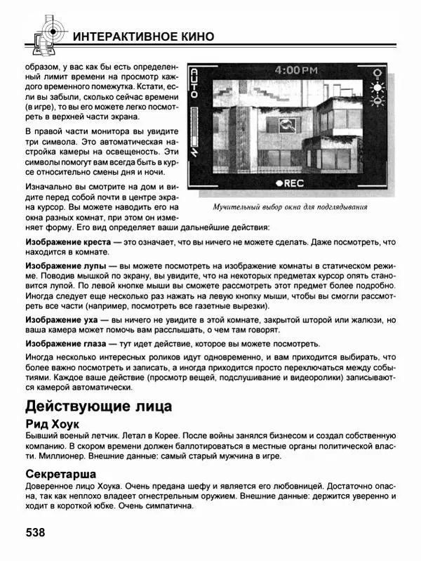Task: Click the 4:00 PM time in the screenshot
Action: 295,70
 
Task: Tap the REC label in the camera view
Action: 290,183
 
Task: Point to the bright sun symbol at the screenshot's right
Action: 379,88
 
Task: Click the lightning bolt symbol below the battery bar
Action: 196,166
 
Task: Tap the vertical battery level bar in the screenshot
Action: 196,133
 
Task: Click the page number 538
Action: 36,532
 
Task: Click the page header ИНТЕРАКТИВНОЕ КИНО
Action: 143,37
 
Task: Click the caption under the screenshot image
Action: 290,207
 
